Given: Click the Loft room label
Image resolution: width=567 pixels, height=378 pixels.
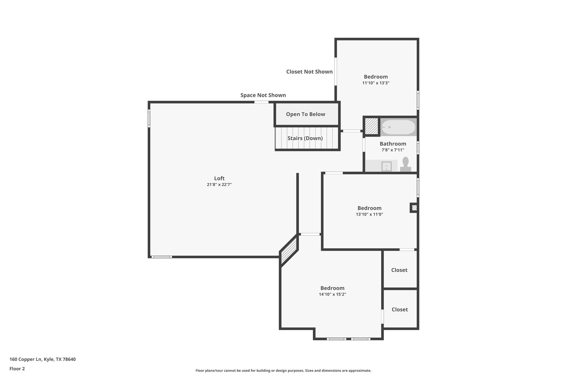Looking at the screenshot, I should (219, 178).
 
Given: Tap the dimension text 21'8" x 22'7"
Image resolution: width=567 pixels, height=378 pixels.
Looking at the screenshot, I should (219, 185).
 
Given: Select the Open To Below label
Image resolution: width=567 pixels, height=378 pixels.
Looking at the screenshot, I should (305, 114).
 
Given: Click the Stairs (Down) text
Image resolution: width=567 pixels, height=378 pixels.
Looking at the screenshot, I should (305, 138).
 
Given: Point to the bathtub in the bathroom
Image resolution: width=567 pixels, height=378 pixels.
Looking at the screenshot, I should (398, 127).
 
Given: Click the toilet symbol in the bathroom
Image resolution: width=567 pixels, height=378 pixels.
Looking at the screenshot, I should (405, 165).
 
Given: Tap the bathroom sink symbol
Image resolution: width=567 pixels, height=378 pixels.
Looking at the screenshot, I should (386, 166).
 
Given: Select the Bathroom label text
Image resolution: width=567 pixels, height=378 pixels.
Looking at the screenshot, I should (393, 144).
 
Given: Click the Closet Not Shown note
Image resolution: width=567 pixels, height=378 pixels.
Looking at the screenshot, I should (309, 72).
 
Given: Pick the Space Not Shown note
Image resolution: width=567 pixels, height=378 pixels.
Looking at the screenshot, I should (263, 95).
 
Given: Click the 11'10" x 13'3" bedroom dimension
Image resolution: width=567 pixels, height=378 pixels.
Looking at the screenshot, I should (376, 83).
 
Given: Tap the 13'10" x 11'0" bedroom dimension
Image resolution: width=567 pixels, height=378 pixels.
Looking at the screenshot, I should (369, 214).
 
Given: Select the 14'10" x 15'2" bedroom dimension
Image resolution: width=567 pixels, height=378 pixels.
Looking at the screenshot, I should (332, 294).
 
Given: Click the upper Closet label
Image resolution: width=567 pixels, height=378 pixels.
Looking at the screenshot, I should (399, 270).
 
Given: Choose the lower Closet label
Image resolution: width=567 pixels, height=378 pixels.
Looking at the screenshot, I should (400, 310).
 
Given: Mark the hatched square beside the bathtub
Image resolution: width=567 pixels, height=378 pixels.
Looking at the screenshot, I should (371, 126).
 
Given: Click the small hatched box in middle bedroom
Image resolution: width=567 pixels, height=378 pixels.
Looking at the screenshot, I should (414, 208).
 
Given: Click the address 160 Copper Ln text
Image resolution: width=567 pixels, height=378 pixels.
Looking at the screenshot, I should (42, 359).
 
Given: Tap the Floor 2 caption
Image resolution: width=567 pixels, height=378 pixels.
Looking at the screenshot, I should (17, 369).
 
